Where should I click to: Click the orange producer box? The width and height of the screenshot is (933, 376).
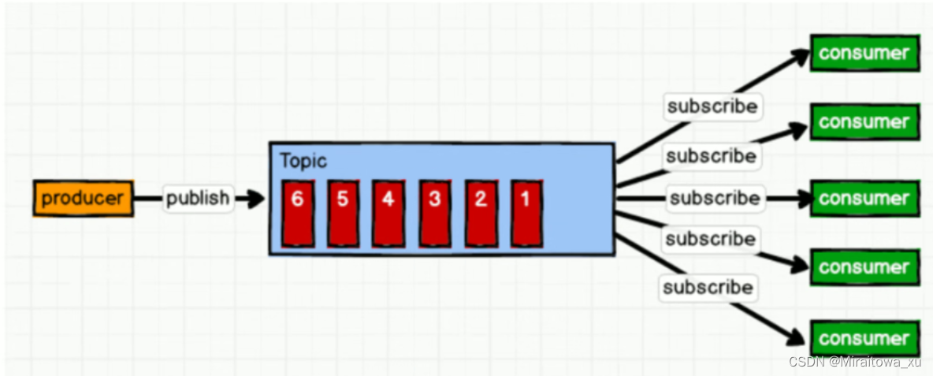coord(83,198)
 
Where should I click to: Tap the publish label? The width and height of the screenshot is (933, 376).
coord(198,198)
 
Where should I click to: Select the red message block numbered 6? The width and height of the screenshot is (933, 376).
coord(298,213)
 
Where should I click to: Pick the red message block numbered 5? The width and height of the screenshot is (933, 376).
coord(343,213)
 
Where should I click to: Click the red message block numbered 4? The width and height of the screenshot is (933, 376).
coord(388,213)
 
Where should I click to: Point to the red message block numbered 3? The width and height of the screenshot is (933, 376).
coord(434,213)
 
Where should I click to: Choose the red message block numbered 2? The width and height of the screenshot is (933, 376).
coord(481,213)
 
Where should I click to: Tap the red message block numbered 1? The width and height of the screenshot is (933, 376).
coord(526,213)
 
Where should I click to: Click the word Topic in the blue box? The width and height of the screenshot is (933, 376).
coord(303,161)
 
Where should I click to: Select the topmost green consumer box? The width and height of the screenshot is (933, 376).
coord(864,54)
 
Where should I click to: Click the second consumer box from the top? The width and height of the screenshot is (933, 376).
coord(864,122)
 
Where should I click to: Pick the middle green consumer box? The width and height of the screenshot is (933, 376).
coord(864,198)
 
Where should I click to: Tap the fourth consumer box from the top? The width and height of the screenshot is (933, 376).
coord(864,267)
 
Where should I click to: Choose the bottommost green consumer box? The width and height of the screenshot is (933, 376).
coord(864,339)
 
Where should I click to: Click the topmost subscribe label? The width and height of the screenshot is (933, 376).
coord(712,106)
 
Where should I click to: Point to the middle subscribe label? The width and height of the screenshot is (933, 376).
coord(715,198)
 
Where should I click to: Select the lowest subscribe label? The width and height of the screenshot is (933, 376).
coord(708,287)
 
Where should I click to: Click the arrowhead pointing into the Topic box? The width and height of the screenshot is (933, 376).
coord(254,199)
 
